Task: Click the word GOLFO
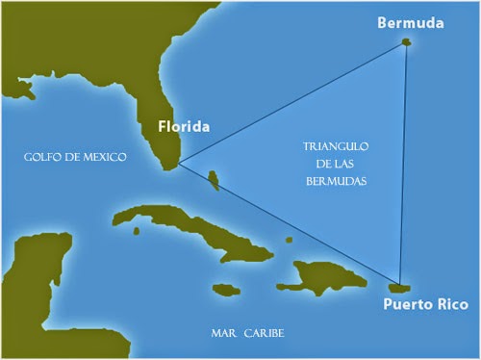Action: click(46, 157)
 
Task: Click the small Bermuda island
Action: click(406, 43)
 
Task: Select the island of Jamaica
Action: click(225, 289)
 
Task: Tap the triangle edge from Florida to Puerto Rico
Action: click(289, 225)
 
